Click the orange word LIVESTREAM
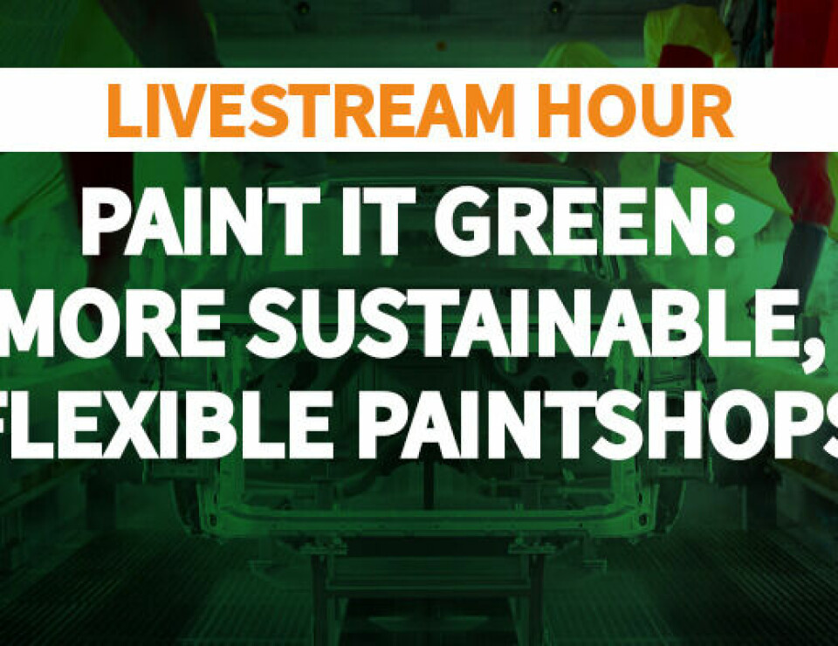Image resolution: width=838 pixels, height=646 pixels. point(311,111)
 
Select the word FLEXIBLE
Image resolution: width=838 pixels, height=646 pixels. point(163,426)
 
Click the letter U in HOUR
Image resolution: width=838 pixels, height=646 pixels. point(658,111)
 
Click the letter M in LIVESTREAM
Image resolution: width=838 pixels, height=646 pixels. point(482,111)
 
